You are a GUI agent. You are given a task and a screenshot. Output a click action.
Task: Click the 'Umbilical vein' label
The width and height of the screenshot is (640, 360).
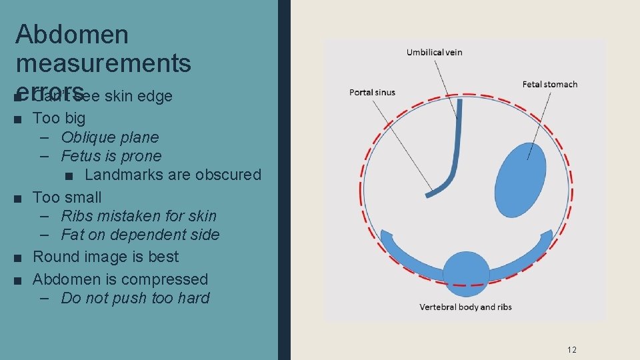434,52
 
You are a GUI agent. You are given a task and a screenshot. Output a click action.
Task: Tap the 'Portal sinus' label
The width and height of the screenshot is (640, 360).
372,92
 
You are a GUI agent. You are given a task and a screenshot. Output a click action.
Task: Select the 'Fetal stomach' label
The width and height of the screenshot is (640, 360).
549,84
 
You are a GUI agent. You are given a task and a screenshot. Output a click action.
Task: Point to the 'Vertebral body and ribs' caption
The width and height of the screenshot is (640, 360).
465,307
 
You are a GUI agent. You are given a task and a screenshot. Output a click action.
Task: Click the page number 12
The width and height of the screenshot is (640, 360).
571,349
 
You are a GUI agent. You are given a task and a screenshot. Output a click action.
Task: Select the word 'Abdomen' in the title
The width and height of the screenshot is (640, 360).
72,35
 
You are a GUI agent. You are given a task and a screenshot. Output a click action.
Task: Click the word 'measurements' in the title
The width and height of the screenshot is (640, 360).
103,63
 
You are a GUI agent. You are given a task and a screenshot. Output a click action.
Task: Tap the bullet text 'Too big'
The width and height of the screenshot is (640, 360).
59,118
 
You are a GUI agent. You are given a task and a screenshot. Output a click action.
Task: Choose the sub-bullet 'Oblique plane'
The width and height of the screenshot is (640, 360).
109,137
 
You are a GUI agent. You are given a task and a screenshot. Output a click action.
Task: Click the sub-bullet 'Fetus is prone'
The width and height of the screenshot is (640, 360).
111,156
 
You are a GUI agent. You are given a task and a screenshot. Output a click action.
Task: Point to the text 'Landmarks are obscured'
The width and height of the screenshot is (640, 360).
173,175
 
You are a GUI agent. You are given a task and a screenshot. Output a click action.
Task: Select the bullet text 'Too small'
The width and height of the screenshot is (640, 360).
67,197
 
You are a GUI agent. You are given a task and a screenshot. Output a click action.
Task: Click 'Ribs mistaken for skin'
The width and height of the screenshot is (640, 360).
138,216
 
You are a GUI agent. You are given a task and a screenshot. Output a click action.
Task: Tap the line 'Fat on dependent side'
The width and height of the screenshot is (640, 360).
139,235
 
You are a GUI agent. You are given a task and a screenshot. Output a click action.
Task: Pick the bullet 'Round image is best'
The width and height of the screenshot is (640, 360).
105,257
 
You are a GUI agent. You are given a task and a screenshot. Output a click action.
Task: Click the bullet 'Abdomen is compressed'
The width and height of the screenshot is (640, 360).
120,279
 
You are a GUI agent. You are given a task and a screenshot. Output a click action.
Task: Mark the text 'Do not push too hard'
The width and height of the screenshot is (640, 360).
135,298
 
